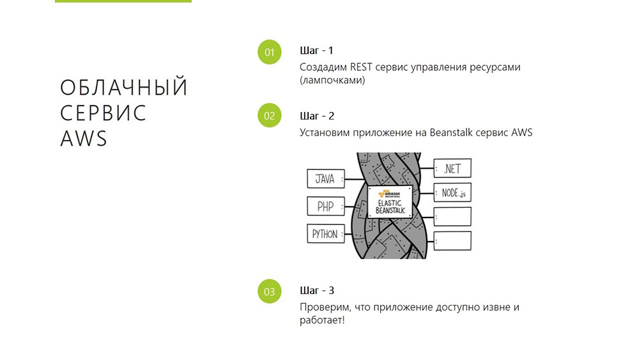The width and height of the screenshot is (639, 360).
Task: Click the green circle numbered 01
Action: (269, 52)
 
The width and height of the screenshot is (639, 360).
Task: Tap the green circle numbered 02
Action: (269, 116)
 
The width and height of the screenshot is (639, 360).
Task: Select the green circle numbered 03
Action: (269, 292)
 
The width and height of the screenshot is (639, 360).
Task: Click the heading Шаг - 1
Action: (317, 51)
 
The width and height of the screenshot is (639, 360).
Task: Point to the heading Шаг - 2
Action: (317, 116)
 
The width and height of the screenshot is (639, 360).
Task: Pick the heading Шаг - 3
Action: (317, 290)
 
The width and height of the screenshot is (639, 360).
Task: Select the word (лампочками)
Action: (332, 81)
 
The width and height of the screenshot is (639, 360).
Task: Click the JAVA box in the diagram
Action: (325, 179)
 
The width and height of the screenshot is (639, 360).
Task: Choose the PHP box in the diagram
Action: (325, 207)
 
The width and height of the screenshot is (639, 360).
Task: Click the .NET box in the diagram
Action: (452, 169)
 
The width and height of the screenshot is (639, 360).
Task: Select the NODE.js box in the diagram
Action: (452, 192)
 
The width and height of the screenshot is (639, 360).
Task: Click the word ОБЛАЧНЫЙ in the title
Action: (124, 88)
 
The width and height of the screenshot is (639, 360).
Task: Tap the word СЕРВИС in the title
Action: (104, 113)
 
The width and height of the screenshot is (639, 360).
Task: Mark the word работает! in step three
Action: (322, 320)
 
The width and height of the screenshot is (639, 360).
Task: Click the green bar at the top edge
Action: (123, 1)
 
